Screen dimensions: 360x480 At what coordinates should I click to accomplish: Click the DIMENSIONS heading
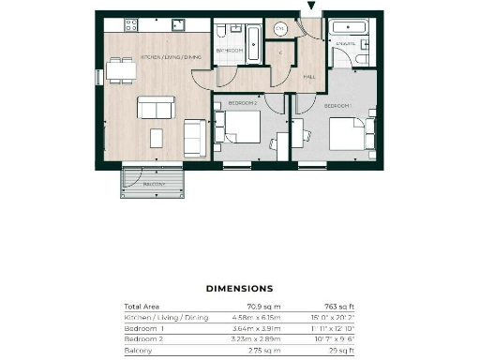pos(239,289)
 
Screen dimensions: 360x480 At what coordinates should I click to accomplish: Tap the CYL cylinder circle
pos(279,29)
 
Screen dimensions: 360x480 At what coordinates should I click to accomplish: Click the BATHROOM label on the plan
pos(230,51)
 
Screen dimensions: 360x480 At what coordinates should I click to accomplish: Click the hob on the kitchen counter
pos(127,22)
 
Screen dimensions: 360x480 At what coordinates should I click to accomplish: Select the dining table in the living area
pos(119,69)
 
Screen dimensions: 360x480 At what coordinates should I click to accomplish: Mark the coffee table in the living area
pos(156,107)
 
